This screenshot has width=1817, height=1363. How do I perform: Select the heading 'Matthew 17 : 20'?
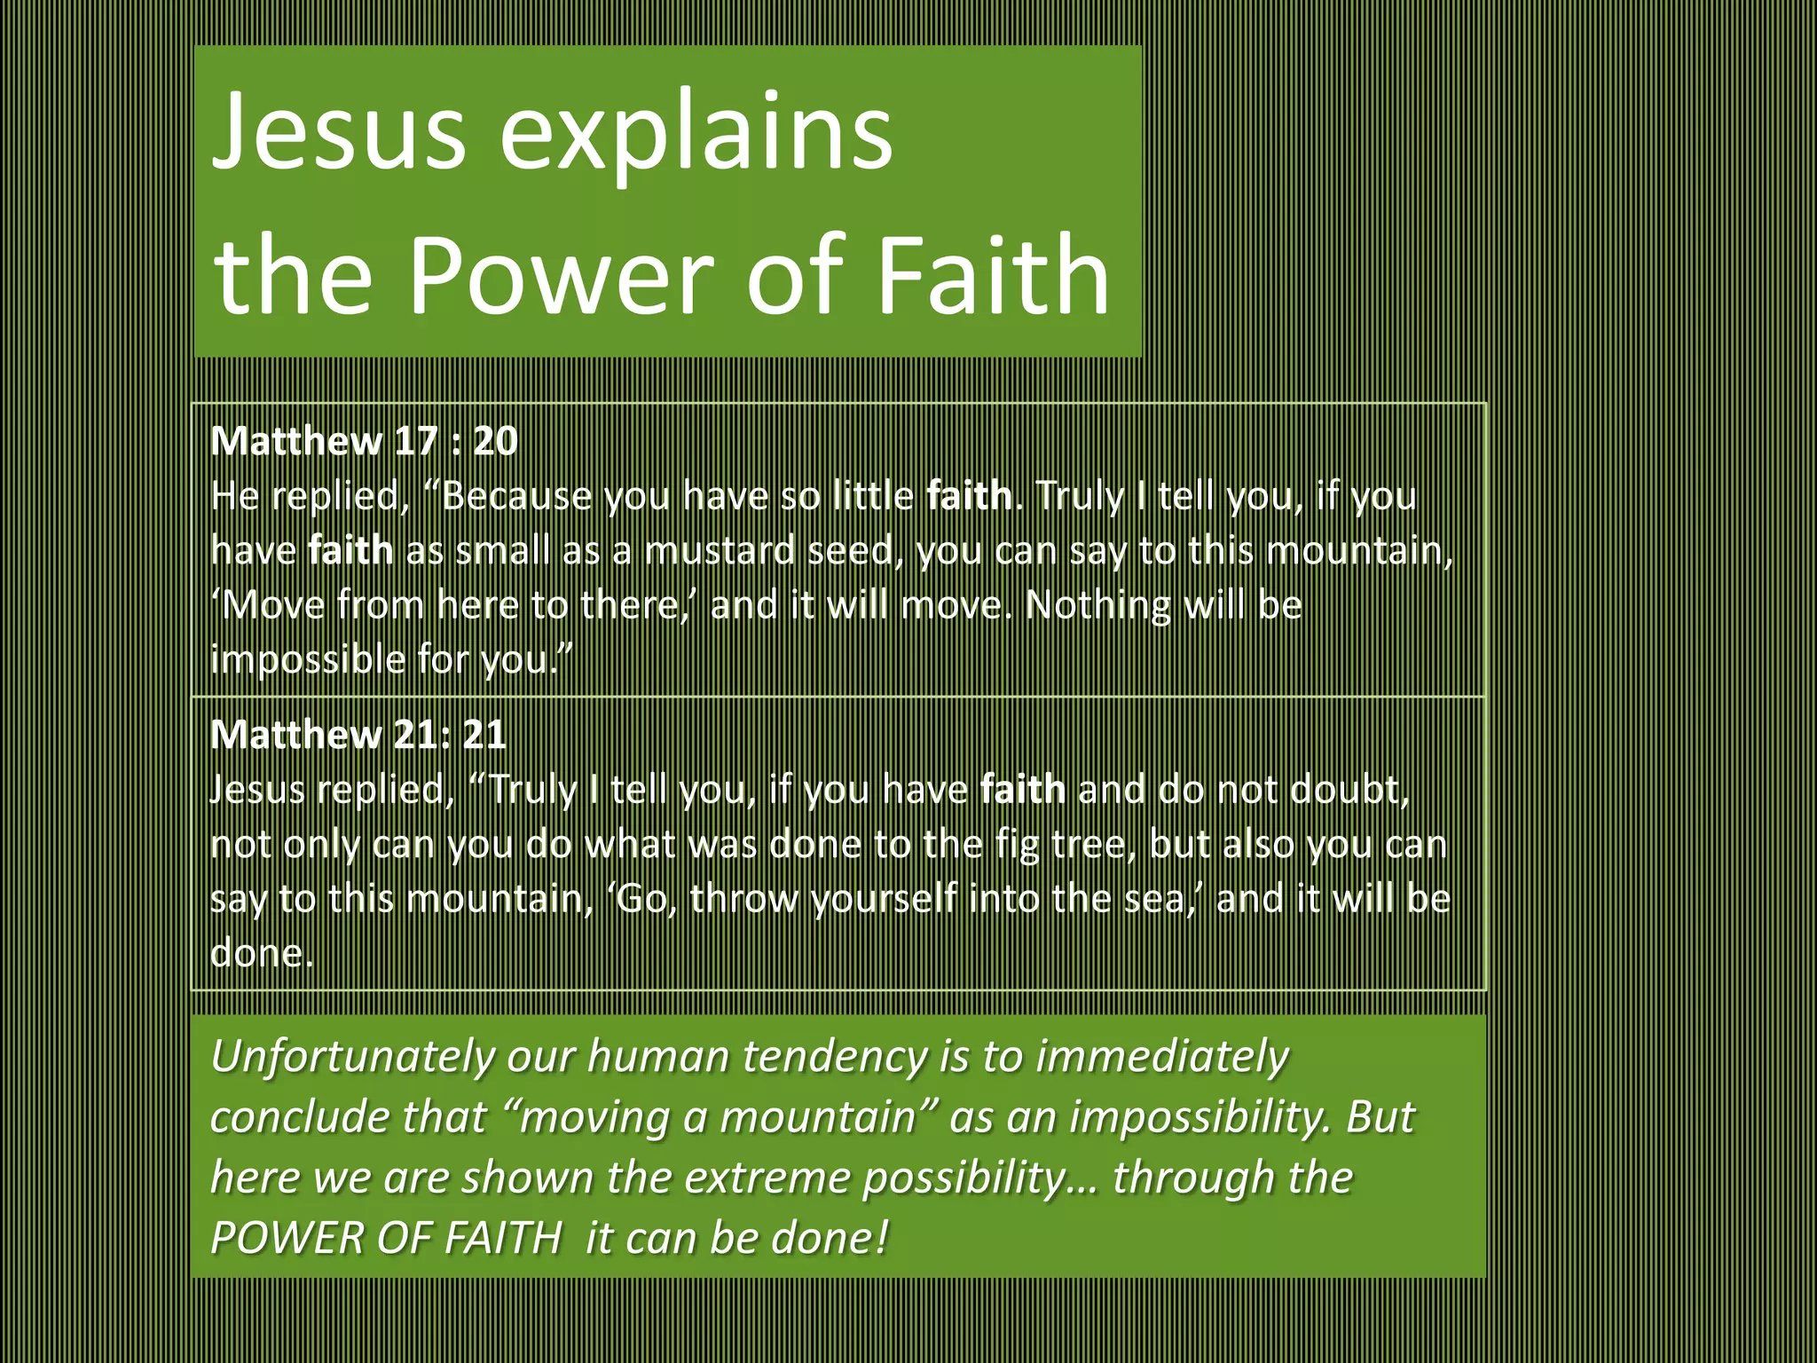pyautogui.click(x=364, y=441)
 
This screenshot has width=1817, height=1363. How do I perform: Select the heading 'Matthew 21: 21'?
pyautogui.click(x=358, y=735)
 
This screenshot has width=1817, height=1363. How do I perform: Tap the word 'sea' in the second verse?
pyautogui.click(x=1153, y=899)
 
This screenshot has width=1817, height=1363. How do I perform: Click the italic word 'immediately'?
pyautogui.click(x=1162, y=1057)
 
